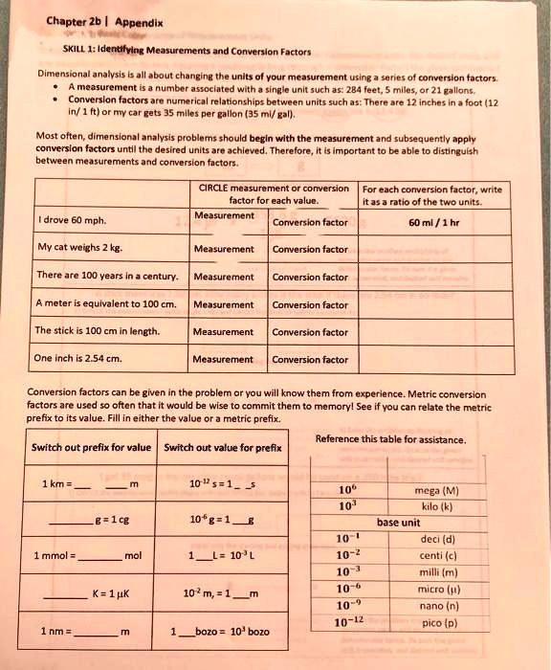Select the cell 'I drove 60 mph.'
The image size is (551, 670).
73,220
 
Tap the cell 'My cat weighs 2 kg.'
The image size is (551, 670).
80,247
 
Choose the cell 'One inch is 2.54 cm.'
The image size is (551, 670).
78,359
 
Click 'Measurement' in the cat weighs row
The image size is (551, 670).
223,249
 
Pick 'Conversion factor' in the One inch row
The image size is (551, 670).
309,360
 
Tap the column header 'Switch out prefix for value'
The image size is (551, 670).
92,447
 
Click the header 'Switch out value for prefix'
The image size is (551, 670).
223,447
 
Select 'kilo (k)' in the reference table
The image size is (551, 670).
437,507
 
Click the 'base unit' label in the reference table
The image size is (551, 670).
399,523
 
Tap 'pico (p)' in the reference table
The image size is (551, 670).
438,622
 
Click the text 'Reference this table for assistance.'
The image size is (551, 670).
390,439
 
